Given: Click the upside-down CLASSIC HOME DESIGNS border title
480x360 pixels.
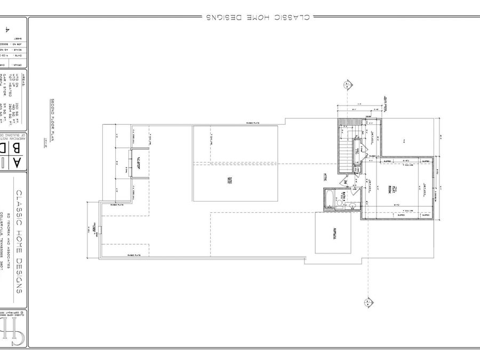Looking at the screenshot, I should click(257, 18).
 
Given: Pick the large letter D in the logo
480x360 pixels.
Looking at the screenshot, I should click(4, 147).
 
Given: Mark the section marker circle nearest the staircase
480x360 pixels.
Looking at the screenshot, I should click(347, 85).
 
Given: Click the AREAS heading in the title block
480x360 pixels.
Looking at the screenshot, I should click(23, 78).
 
